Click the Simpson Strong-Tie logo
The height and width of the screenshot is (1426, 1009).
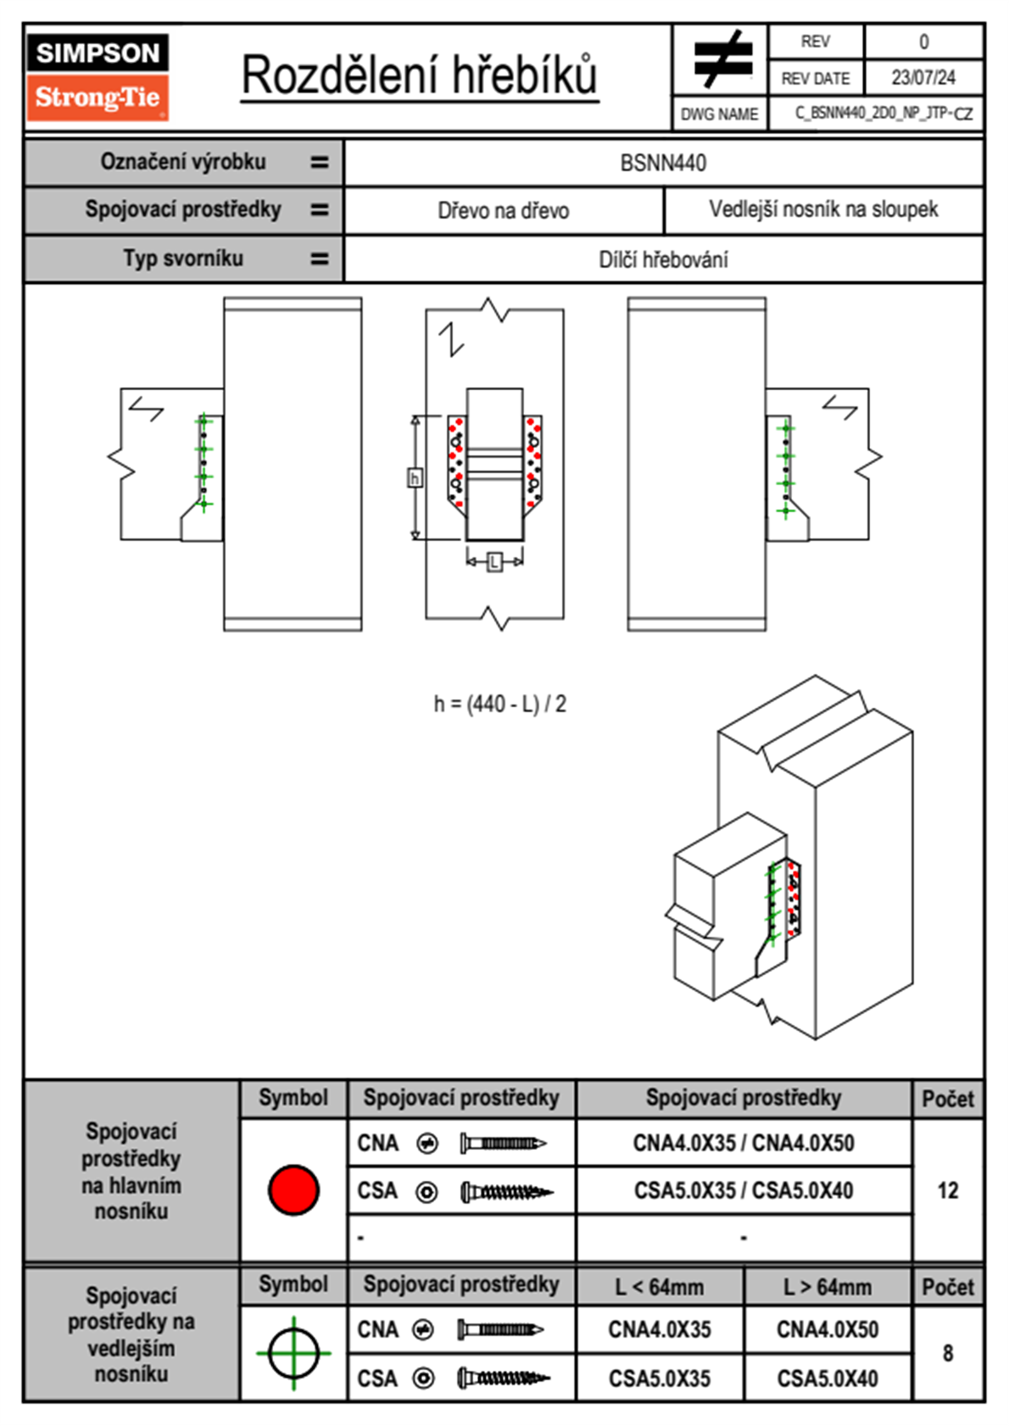98,76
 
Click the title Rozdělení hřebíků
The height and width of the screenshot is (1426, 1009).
420,75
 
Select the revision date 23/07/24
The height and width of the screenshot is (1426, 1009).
923,78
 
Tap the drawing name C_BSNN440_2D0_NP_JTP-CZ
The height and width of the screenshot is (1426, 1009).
884,114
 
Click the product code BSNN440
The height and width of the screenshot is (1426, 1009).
663,163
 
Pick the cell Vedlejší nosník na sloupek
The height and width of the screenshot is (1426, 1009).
824,209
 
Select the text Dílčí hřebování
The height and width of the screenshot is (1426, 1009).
663,259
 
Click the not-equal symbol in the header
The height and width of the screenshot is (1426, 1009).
723,58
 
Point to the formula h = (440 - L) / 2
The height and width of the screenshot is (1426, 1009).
499,704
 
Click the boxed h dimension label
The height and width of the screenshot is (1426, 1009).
415,477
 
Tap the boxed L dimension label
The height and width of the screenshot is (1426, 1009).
494,562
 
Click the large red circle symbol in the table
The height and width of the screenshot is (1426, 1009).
293,1189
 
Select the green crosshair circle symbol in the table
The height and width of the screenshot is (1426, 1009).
293,1353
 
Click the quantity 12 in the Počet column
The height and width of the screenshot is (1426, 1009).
948,1190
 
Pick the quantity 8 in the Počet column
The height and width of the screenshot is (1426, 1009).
948,1353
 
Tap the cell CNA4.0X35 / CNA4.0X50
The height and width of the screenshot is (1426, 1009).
744,1144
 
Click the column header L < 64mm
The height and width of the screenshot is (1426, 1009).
660,1288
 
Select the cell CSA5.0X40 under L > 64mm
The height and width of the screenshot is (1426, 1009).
828,1379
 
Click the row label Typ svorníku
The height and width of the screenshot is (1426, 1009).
183,259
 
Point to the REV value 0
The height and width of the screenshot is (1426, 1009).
923,42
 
